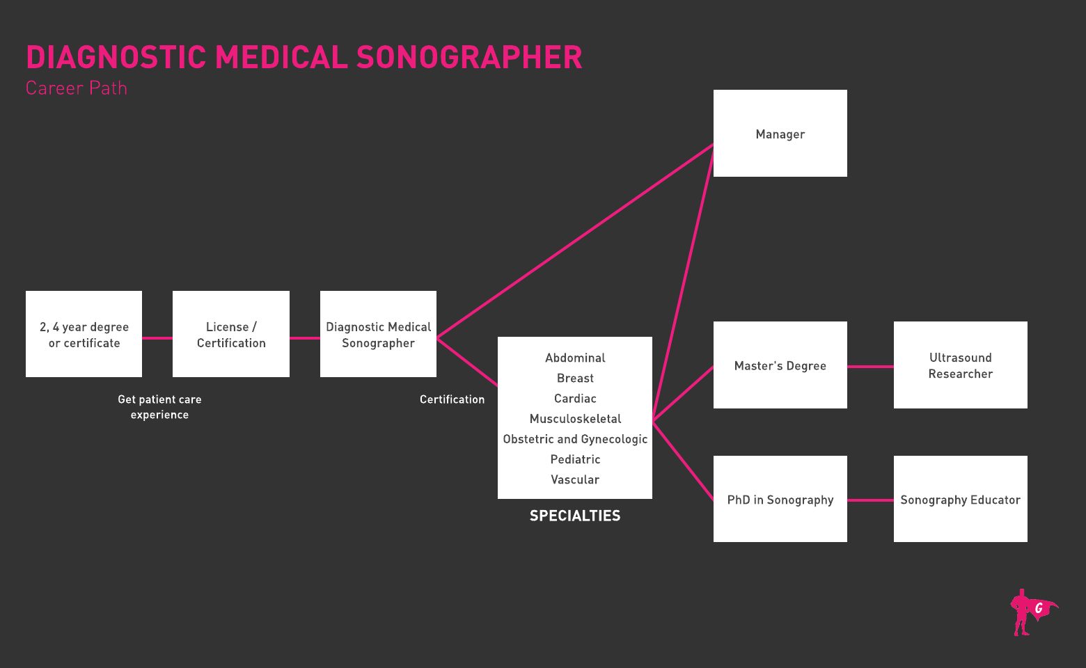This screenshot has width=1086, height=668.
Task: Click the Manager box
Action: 780,134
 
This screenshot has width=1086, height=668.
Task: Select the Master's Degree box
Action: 780,365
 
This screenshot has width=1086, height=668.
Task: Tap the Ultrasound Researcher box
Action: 960,365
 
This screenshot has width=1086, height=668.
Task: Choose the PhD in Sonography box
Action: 780,499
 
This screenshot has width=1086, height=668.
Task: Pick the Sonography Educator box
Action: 960,499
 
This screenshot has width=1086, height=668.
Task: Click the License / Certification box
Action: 231,334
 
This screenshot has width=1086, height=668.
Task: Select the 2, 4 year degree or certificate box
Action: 84,334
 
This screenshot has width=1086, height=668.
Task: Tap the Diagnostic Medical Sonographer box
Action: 378,334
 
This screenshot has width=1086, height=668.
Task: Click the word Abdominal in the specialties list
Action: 575,358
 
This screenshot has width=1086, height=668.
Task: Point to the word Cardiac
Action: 575,399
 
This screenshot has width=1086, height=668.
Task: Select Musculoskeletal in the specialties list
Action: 575,419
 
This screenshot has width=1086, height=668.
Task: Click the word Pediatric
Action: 575,459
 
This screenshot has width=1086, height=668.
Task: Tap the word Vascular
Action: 575,479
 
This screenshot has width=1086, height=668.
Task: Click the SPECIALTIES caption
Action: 575,516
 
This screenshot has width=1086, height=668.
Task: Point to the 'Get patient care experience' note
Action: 159,407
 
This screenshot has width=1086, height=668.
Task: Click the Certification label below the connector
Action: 452,399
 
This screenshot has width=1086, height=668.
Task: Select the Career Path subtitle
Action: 77,88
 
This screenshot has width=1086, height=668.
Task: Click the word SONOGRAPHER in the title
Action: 469,58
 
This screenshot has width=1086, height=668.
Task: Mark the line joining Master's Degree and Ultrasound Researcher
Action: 870,366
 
